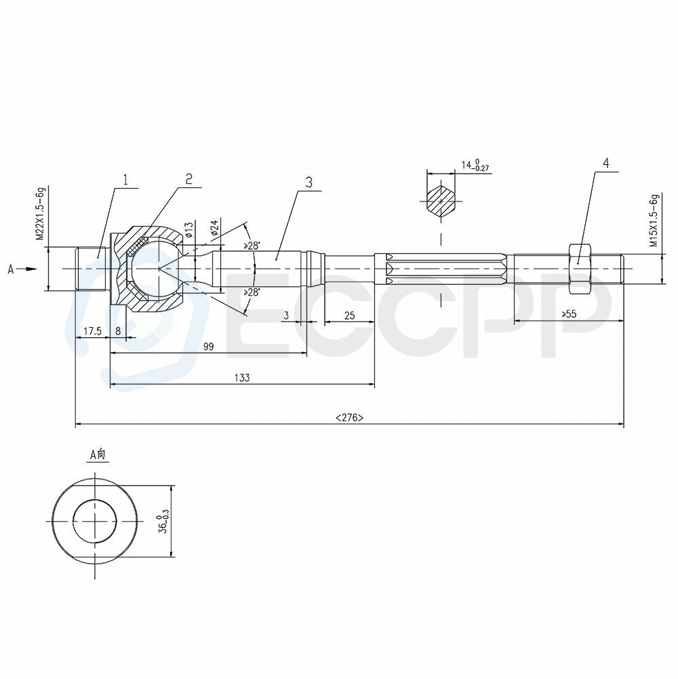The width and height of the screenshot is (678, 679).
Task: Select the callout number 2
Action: (189, 178)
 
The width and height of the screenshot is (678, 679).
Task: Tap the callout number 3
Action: (309, 182)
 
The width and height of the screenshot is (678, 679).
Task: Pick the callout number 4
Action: (605, 163)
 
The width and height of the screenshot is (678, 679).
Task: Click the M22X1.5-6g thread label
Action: (41, 214)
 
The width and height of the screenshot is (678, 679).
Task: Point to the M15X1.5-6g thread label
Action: (654, 220)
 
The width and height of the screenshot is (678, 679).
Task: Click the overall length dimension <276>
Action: (349, 418)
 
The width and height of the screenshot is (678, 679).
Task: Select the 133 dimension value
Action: (242, 378)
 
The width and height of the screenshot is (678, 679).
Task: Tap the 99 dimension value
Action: (208, 346)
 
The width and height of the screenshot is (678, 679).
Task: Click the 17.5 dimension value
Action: (92, 331)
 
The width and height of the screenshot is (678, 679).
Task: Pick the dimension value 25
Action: (350, 315)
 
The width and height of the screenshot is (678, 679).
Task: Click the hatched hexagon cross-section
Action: (441, 201)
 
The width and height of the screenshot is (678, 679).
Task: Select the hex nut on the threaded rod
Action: (579, 268)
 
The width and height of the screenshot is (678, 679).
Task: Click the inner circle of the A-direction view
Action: (95, 521)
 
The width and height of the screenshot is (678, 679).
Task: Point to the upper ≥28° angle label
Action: (252, 246)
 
